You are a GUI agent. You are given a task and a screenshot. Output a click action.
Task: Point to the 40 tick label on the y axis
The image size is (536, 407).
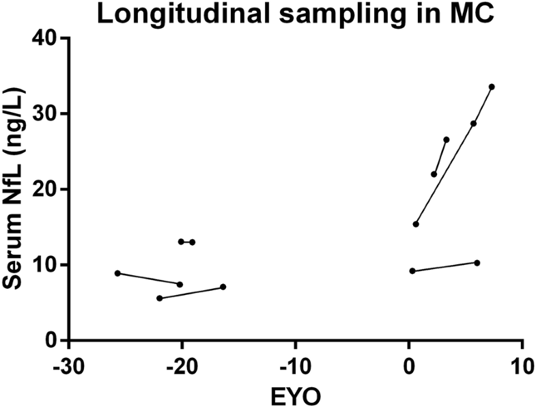click(45, 38)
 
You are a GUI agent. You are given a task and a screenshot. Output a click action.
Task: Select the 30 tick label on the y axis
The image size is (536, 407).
click(45, 113)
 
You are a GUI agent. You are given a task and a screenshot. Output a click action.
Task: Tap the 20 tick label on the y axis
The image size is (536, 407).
click(45, 189)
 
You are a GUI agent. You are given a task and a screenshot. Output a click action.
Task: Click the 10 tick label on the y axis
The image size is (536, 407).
click(45, 265)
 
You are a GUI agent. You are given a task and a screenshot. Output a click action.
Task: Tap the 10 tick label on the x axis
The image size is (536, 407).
click(522, 363)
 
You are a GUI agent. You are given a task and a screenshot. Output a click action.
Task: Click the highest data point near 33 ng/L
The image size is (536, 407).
click(492, 87)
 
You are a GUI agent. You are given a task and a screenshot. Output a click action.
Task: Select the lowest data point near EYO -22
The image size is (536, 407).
click(159, 298)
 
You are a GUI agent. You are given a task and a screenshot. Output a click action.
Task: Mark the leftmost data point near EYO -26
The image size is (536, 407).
click(117, 273)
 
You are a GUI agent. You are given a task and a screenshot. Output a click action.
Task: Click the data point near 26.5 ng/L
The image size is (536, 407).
click(447, 139)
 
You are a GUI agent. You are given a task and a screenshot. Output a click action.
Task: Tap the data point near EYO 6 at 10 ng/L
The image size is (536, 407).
click(477, 263)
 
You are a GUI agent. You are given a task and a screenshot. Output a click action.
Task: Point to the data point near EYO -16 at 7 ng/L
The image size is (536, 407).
click(223, 287)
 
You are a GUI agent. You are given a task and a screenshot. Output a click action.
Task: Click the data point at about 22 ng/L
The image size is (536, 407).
click(434, 174)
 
